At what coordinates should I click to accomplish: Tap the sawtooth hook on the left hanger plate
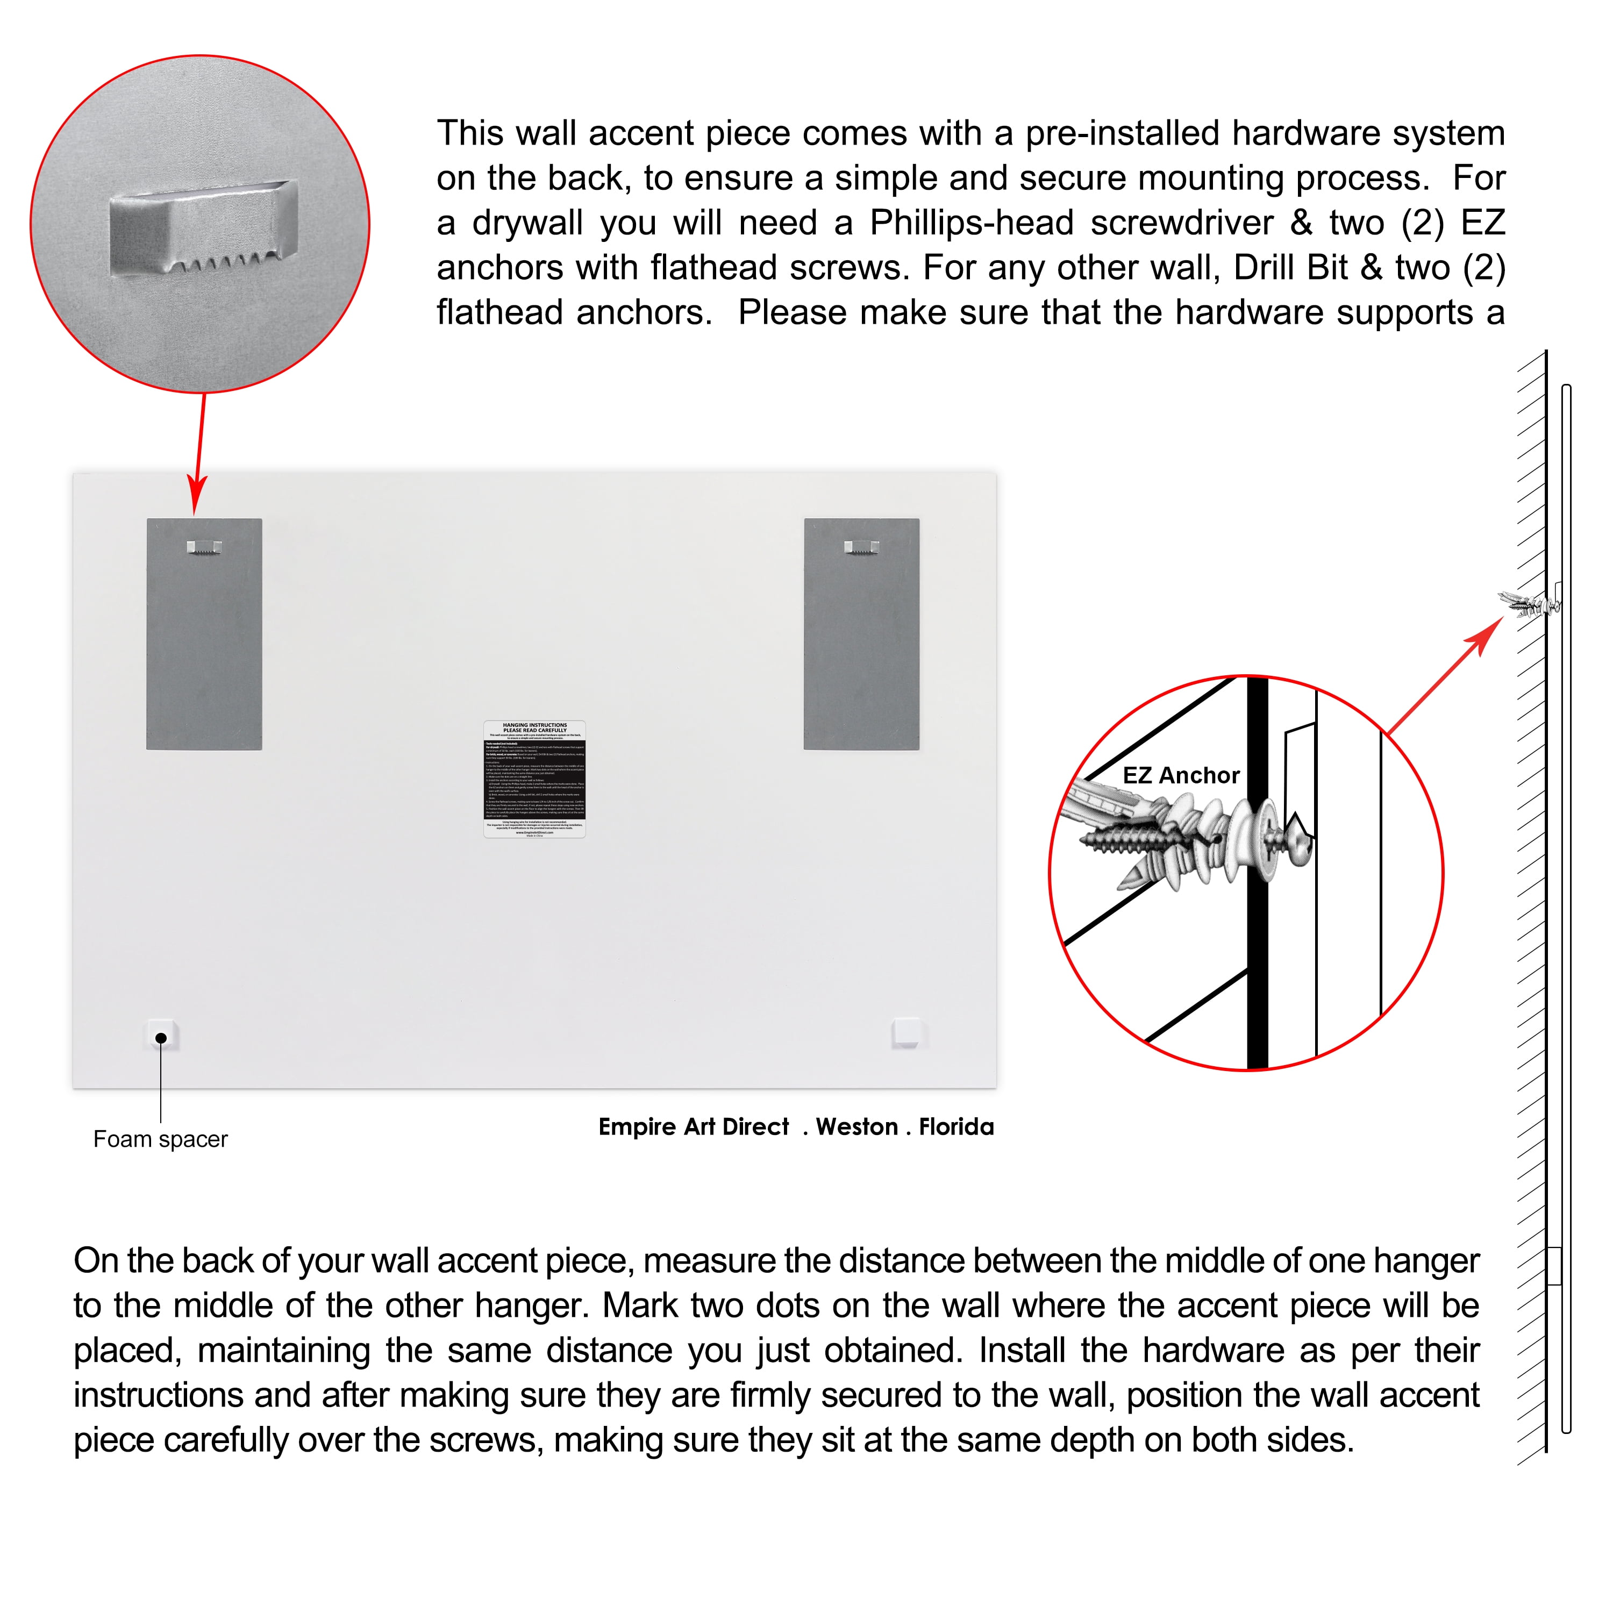tap(204, 548)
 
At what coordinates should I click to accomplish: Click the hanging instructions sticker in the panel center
tap(534, 779)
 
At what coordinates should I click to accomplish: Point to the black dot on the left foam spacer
tap(161, 1038)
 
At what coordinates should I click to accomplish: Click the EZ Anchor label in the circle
tap(1181, 776)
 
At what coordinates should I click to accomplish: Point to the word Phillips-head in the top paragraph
tap(972, 223)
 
